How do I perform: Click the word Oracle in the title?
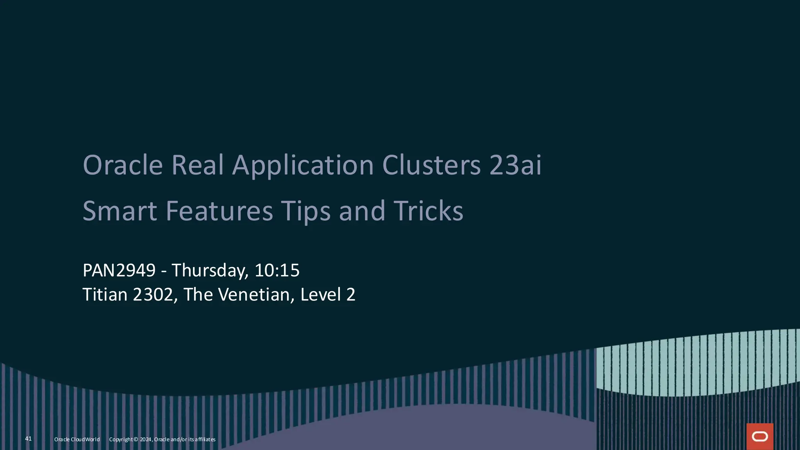(123, 165)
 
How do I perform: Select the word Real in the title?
(198, 165)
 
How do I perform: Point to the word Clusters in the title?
(431, 165)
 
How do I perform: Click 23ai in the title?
(515, 165)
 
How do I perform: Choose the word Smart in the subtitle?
(120, 211)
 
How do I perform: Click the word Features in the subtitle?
(219, 211)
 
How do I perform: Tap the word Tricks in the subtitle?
(428, 211)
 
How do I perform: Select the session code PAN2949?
(119, 270)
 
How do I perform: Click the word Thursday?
(210, 271)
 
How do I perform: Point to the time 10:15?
(277, 270)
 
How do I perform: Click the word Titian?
(105, 295)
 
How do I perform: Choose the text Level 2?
(328, 295)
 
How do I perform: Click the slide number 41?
(29, 439)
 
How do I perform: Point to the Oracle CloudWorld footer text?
(77, 439)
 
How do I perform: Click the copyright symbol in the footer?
(136, 439)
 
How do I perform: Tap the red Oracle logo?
(760, 437)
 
